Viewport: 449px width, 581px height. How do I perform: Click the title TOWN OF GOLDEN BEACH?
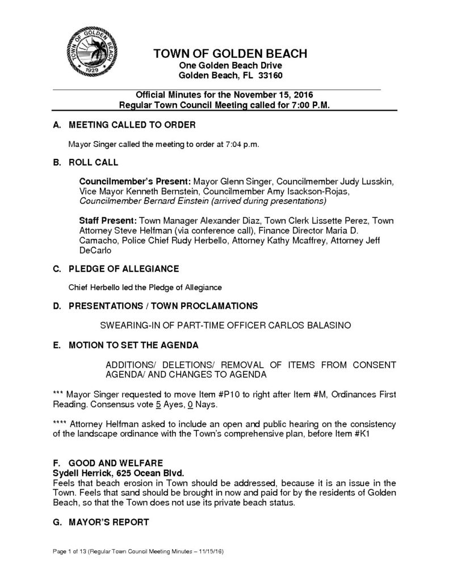[230, 54]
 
